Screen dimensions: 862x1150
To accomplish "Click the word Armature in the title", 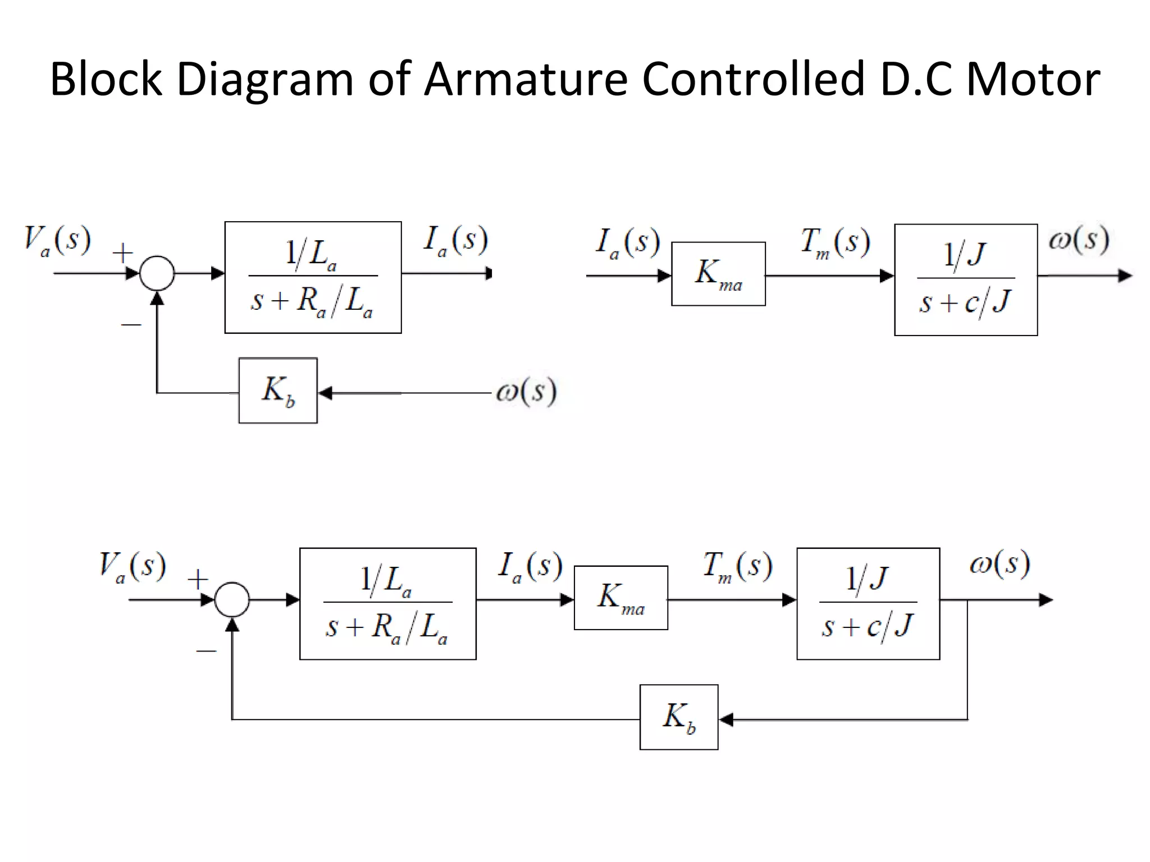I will click(525, 79).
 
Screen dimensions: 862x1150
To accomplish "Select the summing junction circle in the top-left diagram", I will click(157, 273).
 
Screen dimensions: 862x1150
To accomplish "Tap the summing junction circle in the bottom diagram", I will click(232, 600).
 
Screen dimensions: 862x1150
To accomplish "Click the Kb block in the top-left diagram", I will click(278, 391).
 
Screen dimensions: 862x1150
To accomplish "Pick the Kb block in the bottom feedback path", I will click(679, 717).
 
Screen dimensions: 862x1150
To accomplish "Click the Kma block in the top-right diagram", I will click(718, 274).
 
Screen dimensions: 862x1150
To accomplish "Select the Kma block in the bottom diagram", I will click(620, 598).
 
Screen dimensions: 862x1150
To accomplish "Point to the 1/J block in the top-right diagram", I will click(965, 280).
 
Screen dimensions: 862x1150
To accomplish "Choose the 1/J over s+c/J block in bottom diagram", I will click(868, 604).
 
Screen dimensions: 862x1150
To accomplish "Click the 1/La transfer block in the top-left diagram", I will click(313, 277).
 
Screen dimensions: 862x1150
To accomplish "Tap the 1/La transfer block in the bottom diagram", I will click(387, 604).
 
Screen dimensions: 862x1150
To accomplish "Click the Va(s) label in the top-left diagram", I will click(57, 241).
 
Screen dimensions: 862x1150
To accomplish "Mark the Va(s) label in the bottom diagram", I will click(133, 567).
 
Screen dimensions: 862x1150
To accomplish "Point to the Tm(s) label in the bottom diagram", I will click(737, 566).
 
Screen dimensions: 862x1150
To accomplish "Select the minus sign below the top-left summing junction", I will click(131, 324).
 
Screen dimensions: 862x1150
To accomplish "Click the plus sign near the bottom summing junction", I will click(198, 579).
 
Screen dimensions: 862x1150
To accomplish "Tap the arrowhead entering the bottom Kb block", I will click(726, 719).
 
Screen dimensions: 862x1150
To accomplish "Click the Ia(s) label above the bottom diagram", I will click(530, 566).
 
